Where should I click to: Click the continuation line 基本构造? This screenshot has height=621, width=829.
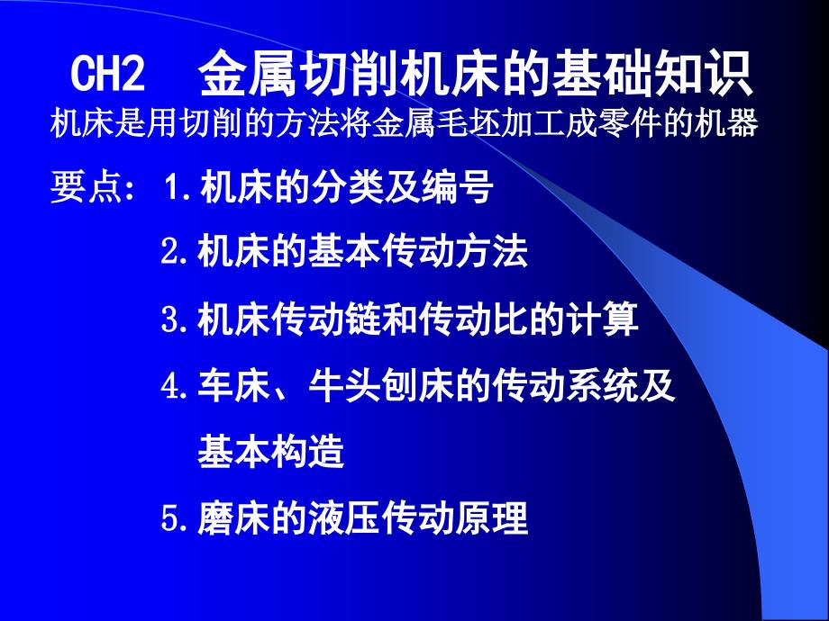point(271,453)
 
